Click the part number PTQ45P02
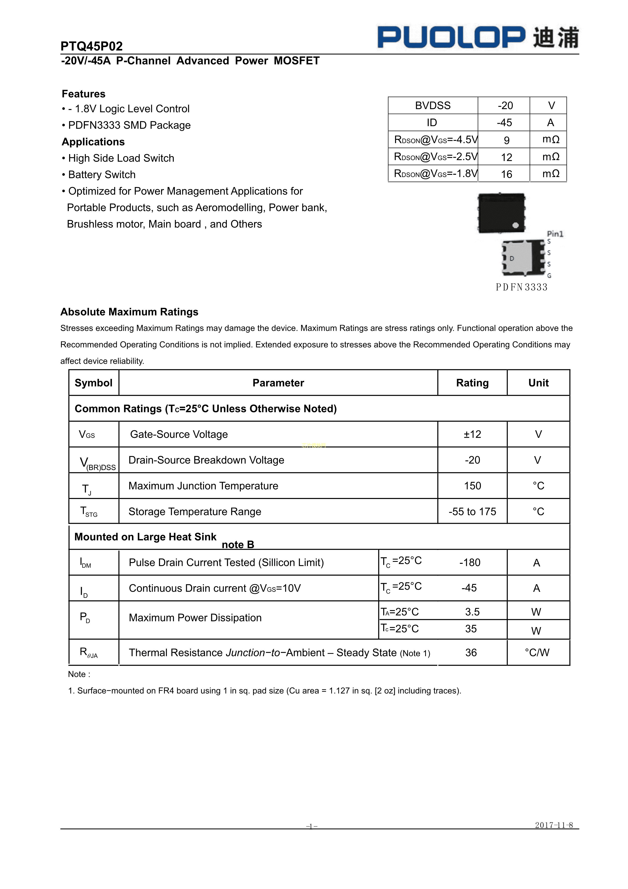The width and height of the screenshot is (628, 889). (91, 46)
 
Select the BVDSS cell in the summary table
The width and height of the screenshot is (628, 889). (433, 106)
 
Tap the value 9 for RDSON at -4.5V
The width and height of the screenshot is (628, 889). (506, 140)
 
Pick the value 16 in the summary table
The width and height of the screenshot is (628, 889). (506, 174)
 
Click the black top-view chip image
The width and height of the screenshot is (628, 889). (501, 213)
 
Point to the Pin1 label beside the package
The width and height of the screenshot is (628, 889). (555, 234)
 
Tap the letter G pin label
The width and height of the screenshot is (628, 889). (549, 276)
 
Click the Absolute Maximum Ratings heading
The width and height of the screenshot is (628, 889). (129, 312)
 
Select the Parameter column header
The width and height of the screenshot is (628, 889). (278, 383)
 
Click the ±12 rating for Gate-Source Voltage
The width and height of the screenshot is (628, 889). (473, 434)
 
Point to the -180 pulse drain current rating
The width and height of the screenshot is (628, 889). (470, 563)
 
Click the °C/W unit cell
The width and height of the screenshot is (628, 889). (537, 653)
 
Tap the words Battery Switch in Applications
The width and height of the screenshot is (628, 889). (102, 175)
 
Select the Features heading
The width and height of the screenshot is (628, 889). (84, 94)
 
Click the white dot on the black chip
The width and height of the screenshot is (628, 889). (515, 225)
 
